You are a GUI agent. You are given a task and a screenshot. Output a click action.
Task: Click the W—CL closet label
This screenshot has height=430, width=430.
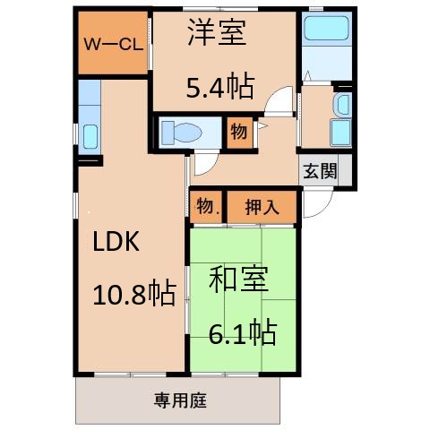(110, 44)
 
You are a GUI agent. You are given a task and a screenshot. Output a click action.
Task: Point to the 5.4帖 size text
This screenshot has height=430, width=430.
(219, 87)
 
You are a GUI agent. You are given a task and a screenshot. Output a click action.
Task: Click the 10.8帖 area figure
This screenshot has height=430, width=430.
(134, 293)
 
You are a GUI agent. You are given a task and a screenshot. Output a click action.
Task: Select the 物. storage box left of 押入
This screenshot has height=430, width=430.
(206, 207)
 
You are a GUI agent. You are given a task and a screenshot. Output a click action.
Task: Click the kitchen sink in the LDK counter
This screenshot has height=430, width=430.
(89, 137)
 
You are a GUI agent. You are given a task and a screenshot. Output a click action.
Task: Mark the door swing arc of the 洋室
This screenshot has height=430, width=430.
(281, 103)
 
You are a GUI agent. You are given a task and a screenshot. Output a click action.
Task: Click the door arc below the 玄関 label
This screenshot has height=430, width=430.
(314, 204)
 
